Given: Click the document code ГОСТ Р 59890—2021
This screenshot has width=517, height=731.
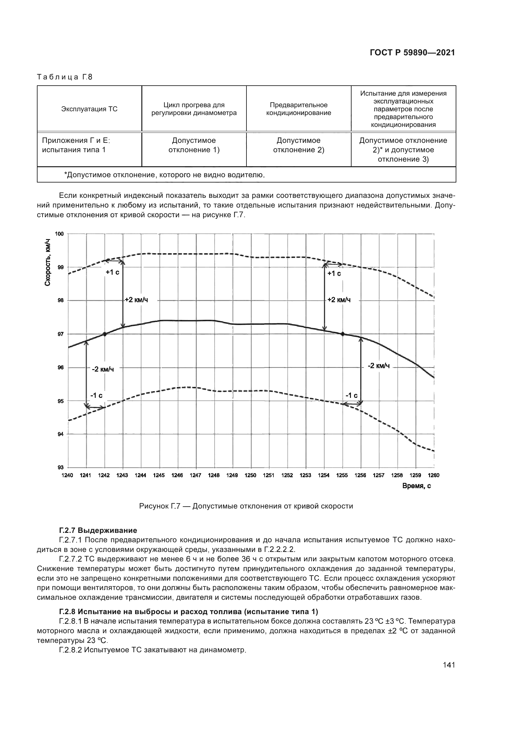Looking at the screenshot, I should (x=412, y=53).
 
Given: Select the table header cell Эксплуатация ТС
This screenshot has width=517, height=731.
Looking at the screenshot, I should (x=89, y=109).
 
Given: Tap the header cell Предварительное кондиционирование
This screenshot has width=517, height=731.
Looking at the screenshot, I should (x=298, y=109).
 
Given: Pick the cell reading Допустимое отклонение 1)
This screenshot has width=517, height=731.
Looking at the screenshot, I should (x=194, y=145).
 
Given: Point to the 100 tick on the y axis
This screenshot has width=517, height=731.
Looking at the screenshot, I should (x=59, y=234).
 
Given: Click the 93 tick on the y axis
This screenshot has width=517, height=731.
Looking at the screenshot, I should (x=60, y=467).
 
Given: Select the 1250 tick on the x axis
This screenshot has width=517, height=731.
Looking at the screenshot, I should (x=251, y=475).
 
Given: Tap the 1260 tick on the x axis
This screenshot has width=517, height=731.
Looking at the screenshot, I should (x=433, y=475).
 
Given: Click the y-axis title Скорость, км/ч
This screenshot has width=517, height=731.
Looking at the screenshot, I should (x=48, y=262).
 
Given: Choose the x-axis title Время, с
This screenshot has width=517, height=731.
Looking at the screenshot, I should (x=416, y=486).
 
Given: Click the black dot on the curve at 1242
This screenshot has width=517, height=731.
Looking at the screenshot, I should (x=104, y=334).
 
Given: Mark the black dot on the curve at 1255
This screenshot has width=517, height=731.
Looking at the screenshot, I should (x=342, y=334).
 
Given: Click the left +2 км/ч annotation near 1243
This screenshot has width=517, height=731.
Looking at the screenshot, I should (x=136, y=300).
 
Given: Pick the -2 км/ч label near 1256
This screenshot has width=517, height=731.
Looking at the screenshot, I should (x=378, y=366).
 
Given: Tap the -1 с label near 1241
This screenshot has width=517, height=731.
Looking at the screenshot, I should (x=96, y=395).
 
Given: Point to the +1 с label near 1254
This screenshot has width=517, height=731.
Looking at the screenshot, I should (x=334, y=273).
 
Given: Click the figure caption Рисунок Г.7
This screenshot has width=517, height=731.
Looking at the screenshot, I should (x=246, y=506).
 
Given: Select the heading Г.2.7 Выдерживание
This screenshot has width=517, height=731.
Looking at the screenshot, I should (x=98, y=530).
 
